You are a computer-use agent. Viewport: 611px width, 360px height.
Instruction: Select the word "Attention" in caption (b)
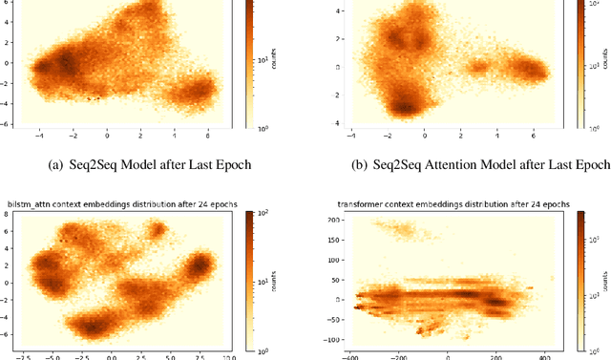click(462, 164)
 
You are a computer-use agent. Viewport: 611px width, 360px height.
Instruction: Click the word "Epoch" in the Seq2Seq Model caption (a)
click(231, 164)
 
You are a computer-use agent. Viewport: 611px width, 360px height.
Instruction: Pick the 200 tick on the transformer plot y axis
click(331, 220)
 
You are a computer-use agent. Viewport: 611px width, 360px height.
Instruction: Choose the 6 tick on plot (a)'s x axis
click(207, 136)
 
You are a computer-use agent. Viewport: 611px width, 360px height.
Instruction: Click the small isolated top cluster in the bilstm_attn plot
click(154, 231)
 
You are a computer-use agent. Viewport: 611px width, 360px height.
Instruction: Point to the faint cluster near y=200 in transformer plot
click(394, 227)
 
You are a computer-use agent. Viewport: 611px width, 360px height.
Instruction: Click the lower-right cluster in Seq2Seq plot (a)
click(200, 92)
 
